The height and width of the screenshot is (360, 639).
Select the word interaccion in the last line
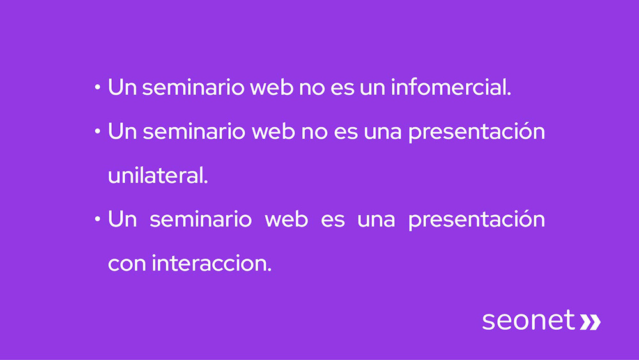click(x=212, y=263)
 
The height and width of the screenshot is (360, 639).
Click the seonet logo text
click(x=528, y=320)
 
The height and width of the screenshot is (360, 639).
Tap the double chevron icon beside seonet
click(x=590, y=321)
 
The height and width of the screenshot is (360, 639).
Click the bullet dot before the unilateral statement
click(x=97, y=132)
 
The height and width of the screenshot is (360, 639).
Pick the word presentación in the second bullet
click(x=476, y=132)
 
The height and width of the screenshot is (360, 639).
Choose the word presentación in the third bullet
click(x=476, y=220)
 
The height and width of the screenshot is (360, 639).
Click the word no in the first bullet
click(x=311, y=88)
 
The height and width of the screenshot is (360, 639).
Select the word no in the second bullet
click(x=311, y=132)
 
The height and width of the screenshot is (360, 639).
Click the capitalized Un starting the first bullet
click(x=122, y=88)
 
